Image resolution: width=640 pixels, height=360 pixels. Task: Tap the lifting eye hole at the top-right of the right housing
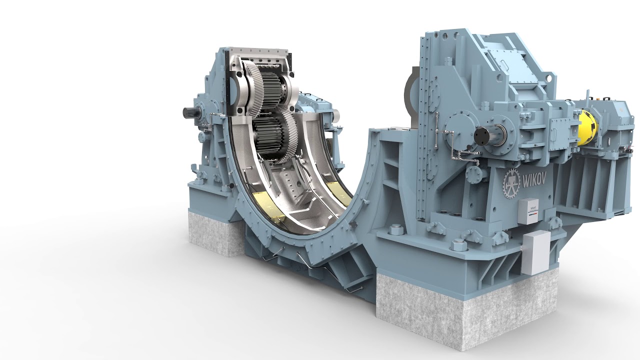(549, 78)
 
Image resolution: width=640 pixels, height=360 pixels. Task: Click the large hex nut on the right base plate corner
(458, 244)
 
